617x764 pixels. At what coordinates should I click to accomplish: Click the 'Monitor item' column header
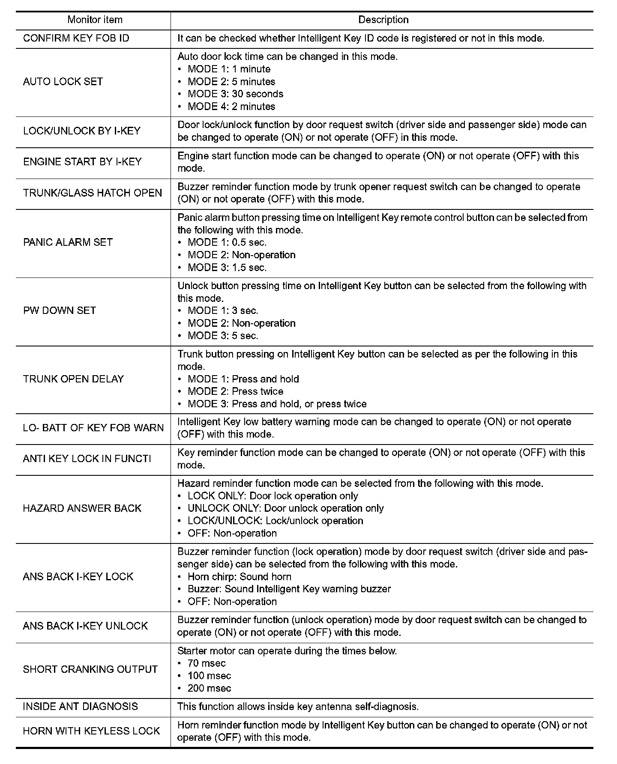coord(95,20)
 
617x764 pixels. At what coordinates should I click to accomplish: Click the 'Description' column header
coord(383,20)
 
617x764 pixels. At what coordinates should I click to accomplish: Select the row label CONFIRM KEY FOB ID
coord(76,38)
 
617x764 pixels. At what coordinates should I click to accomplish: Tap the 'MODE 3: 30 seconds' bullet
coord(235,94)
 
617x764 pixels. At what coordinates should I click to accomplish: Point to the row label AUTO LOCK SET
coord(63,81)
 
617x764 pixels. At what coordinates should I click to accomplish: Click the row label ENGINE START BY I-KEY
coord(82,161)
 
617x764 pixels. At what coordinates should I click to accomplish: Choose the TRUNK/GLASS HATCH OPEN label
coord(93,193)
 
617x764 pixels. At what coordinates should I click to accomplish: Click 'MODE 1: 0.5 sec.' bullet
coord(227,242)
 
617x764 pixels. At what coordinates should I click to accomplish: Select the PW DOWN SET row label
coord(60,310)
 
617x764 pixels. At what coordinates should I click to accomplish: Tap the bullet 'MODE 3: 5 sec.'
coord(223,336)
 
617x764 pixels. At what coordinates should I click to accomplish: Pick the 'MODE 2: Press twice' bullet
coord(235,391)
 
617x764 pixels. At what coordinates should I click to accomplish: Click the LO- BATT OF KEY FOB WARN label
coord(93,428)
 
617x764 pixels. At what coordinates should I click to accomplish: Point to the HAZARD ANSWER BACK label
coord(82,508)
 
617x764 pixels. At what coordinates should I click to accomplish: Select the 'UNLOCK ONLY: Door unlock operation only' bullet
coord(285,508)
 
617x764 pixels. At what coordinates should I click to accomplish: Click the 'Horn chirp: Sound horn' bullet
coord(239,576)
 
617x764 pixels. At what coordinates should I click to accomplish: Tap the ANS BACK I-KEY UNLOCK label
coord(85,626)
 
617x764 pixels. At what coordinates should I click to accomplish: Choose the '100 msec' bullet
coord(209,676)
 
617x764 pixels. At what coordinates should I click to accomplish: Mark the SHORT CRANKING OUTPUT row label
coord(90,669)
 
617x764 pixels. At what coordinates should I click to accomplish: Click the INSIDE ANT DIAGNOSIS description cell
coord(298,707)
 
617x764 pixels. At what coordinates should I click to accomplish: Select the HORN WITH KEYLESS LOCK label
coord(91,731)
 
